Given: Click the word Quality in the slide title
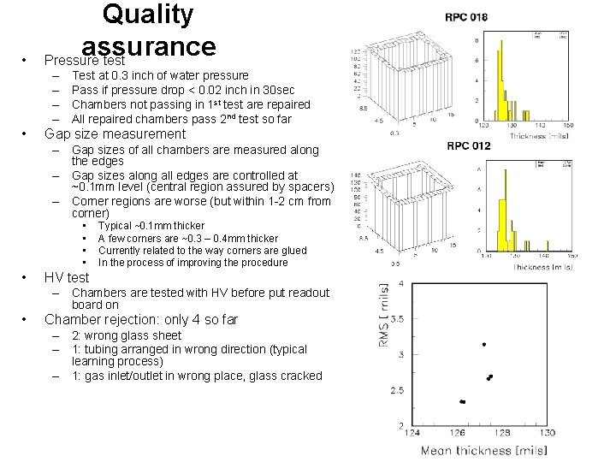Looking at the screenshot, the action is pyautogui.click(x=148, y=15).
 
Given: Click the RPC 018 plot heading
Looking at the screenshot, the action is pyautogui.click(x=467, y=17).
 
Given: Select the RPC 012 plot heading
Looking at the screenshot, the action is pyautogui.click(x=468, y=145).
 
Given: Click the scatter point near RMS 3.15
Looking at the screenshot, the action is pyautogui.click(x=484, y=344).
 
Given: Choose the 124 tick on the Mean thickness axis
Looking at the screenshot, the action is pyautogui.click(x=412, y=433).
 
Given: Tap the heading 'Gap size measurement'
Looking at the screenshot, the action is pyautogui.click(x=115, y=133).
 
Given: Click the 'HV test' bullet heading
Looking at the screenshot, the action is pyautogui.click(x=66, y=277).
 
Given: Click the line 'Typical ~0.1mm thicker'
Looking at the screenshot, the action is pyautogui.click(x=151, y=226).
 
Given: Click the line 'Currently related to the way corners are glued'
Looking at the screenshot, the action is pyautogui.click(x=202, y=251).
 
